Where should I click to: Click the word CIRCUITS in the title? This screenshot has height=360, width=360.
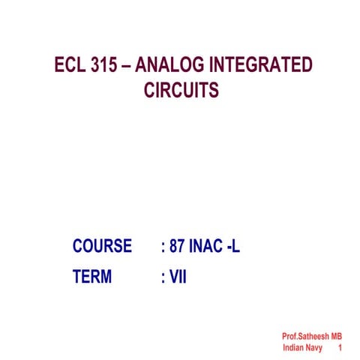point(181,90)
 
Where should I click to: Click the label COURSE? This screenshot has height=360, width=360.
point(102,246)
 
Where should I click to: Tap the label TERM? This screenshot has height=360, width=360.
point(92,277)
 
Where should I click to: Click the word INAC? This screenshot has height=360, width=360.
point(208,246)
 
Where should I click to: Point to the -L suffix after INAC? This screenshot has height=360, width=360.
point(233,246)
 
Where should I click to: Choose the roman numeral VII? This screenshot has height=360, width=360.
point(178,277)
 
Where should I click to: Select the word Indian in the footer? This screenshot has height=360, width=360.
point(295,349)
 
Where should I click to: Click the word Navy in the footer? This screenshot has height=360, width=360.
point(320,349)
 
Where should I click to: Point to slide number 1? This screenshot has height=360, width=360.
point(340,349)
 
